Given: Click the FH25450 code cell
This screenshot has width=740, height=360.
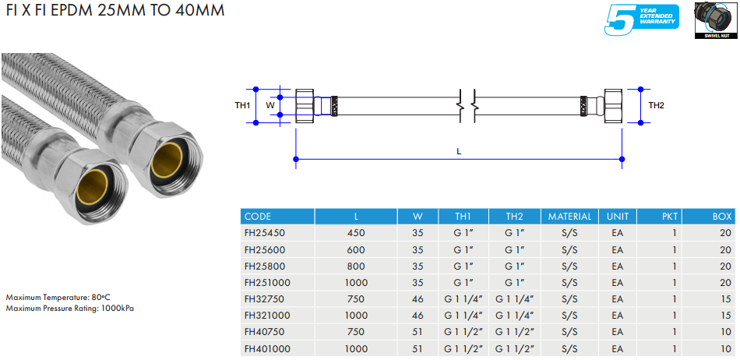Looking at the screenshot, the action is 264,233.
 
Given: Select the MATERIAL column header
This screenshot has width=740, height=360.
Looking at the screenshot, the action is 569,217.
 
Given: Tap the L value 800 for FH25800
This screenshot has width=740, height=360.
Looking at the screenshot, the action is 356,266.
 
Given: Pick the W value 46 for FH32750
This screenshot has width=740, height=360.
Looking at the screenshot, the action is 418,299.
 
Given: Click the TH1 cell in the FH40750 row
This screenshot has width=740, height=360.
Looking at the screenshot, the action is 463,332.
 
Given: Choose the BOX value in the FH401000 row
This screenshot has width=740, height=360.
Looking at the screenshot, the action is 725,349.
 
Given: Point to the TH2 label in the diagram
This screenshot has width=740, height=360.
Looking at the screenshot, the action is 656,106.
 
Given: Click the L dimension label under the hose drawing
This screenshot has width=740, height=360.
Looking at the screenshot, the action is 459,152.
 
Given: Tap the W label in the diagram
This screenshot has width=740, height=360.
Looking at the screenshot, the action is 270,106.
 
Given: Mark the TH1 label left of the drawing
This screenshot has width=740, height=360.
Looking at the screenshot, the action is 242,106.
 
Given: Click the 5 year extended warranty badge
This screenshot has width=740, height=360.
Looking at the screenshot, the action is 641,19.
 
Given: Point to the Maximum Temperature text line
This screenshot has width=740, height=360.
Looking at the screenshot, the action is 58,298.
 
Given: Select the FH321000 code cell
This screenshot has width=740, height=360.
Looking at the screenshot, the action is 267,316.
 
